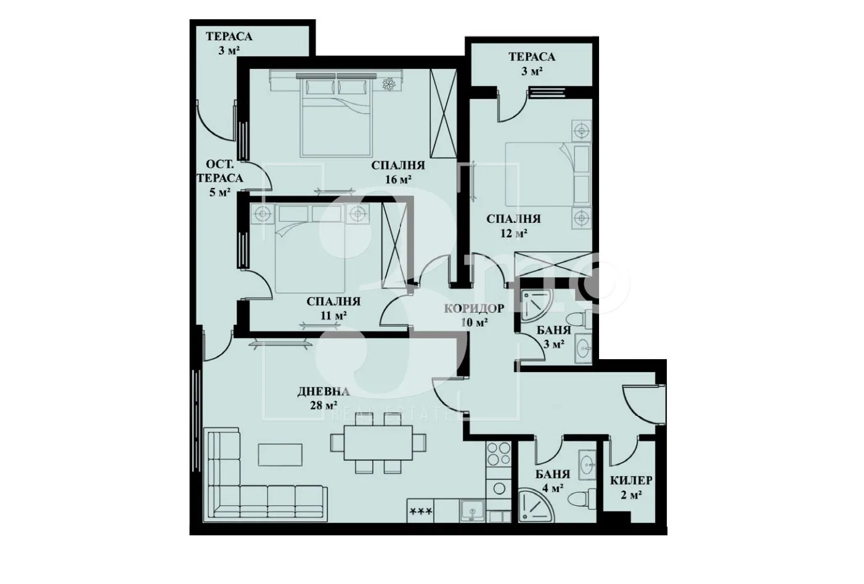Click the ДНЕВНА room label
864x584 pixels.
click(x=324, y=391)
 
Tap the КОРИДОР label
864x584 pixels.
click(x=475, y=309)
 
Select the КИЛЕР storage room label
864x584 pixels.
click(x=631, y=481)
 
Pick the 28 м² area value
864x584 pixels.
click(x=324, y=405)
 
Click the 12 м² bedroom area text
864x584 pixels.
click(x=513, y=233)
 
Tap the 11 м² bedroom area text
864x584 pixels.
click(x=333, y=315)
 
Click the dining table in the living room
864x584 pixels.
click(x=378, y=442)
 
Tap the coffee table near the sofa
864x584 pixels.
click(x=280, y=455)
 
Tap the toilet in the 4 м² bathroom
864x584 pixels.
click(x=579, y=500)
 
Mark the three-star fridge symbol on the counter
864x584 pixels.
click(x=421, y=511)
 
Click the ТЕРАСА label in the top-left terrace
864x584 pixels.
click(x=229, y=37)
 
